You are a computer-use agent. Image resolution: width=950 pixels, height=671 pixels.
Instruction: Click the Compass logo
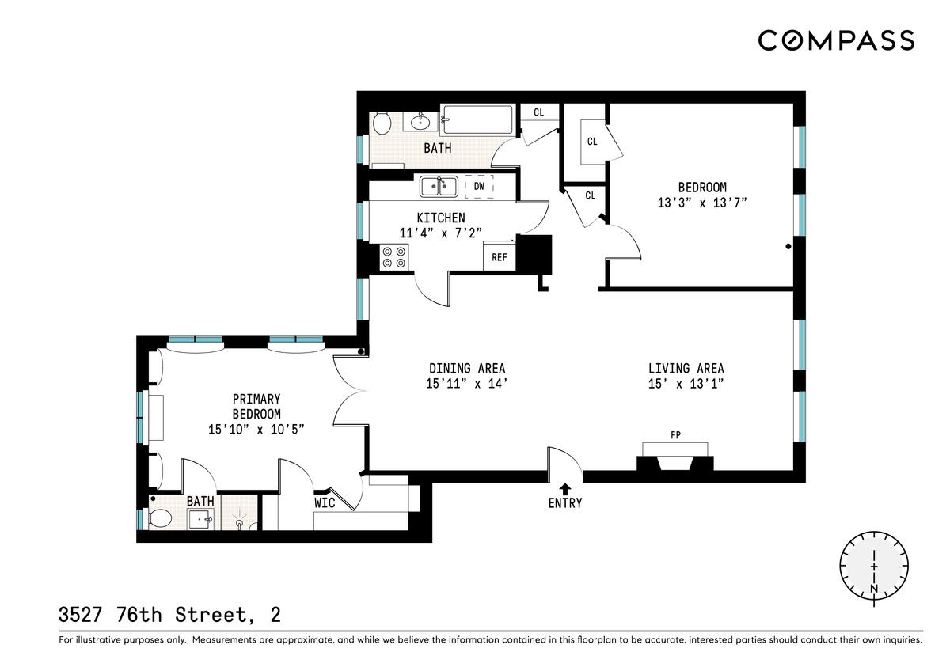836,40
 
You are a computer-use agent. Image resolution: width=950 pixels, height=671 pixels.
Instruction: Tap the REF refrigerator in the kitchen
500,256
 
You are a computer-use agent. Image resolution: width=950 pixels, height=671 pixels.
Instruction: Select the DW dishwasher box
479,187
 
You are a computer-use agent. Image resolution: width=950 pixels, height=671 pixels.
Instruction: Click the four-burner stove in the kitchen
394,257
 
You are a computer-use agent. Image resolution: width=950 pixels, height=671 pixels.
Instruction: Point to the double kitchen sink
439,187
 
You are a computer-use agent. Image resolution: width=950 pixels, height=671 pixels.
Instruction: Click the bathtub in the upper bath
477,120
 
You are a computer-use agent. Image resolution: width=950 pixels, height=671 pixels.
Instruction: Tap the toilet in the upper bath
382,123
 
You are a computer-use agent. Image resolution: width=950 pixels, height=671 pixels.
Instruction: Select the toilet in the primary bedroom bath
160,517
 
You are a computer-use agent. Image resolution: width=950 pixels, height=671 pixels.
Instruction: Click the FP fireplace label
675,435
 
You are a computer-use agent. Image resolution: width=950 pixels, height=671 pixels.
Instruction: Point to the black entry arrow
564,489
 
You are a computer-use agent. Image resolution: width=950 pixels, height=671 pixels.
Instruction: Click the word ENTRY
565,503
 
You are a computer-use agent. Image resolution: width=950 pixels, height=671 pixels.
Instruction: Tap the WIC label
325,503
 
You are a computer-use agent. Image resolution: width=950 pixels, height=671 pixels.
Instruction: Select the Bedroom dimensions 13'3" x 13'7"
702,203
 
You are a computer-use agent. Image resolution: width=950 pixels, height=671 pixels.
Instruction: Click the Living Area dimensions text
686,384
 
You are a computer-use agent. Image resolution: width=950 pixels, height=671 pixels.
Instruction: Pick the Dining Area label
467,368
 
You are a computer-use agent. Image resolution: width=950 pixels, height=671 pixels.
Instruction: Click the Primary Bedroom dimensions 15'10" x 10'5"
256,430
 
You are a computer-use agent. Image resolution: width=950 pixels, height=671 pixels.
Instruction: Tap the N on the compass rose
874,589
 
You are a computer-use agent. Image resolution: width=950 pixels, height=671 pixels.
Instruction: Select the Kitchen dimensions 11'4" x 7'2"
441,233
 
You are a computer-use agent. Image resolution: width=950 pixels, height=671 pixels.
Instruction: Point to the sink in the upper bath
420,122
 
